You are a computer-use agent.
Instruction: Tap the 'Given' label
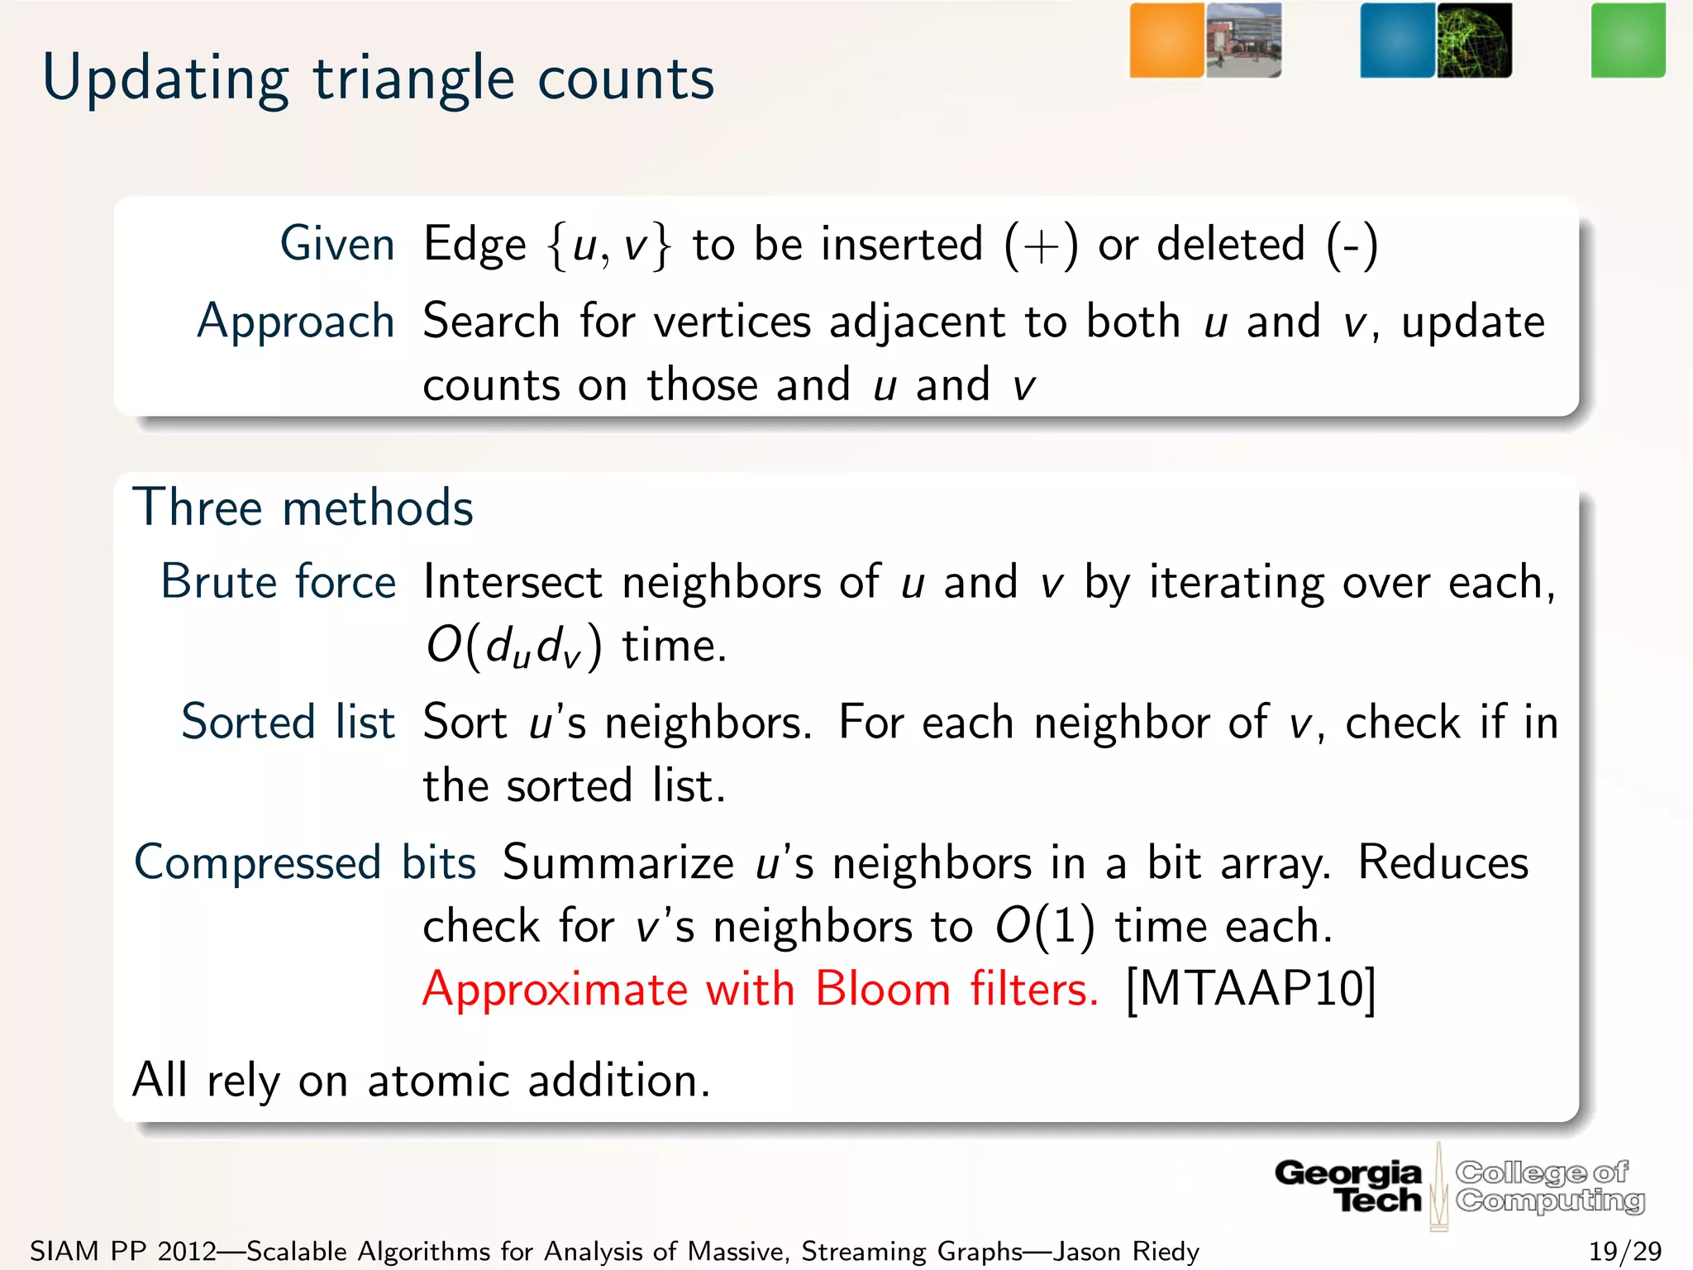pos(337,244)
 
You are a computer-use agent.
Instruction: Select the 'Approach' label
pos(296,321)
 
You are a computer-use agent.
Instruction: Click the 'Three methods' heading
pos(303,507)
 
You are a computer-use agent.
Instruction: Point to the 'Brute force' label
pos(278,581)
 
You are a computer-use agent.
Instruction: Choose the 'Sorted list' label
pos(288,722)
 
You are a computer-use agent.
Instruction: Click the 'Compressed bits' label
pos(305,862)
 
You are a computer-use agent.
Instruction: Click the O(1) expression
pos(1045,926)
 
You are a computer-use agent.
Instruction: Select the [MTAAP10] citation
pos(1251,988)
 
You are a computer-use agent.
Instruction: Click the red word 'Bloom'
pos(882,988)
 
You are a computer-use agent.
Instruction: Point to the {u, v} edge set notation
pos(608,246)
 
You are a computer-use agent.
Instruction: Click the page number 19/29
pos(1624,1251)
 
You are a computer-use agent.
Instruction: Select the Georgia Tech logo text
pos(1349,1186)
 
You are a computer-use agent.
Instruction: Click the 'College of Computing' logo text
pos(1549,1186)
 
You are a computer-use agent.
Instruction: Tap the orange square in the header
pos(1166,41)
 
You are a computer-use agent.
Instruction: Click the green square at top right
pos(1628,41)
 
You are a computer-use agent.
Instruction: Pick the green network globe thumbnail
pos(1474,41)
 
